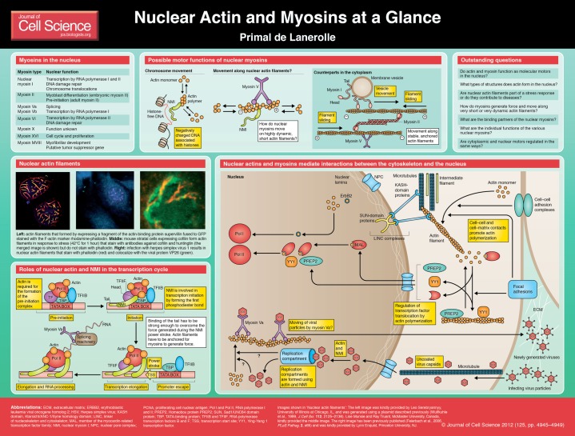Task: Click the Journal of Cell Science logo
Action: pyautogui.click(x=33, y=21)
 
